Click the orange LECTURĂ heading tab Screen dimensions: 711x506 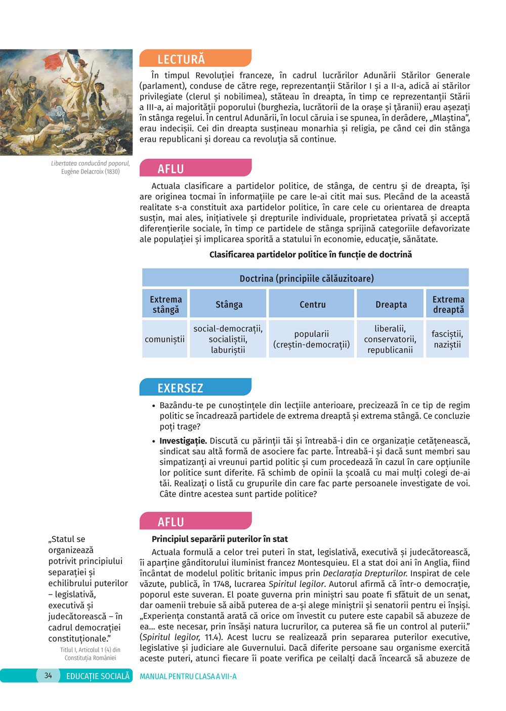(195, 59)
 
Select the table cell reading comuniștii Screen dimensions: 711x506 (165, 339)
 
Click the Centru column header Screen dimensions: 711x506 (312, 304)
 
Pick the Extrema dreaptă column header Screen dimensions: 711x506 (448, 304)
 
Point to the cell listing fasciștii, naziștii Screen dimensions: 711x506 (447, 339)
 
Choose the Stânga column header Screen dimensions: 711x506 (229, 304)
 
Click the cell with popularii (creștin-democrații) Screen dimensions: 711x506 (312, 339)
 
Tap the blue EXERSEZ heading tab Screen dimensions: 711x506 (195, 388)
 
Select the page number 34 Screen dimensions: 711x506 (48, 676)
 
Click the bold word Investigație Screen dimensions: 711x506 (183, 441)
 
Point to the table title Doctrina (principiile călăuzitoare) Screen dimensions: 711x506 (306, 278)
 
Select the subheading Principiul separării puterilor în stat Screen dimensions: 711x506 (220, 539)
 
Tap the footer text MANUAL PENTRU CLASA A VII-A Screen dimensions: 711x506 (188, 676)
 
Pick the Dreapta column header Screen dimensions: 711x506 (391, 304)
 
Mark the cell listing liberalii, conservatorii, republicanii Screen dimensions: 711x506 (390, 339)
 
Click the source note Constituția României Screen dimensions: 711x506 (90, 658)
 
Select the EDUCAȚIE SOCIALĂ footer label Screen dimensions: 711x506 (98, 676)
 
